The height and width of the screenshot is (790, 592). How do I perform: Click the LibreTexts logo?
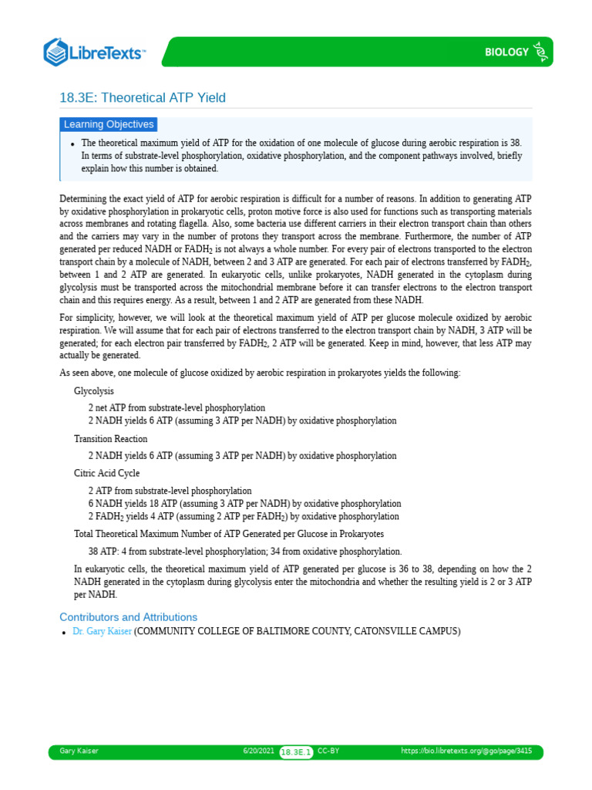pyautogui.click(x=95, y=52)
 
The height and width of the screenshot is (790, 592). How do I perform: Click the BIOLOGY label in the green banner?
pyautogui.click(x=506, y=52)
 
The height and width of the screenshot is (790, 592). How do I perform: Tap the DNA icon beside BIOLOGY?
pyautogui.click(x=542, y=52)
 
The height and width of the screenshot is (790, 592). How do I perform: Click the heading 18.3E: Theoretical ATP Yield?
pyautogui.click(x=143, y=98)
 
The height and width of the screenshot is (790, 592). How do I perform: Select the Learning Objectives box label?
pyautogui.click(x=109, y=124)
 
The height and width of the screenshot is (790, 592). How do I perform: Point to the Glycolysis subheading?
pyautogui.click(x=93, y=391)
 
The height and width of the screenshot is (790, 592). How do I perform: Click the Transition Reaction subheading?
pyautogui.click(x=110, y=439)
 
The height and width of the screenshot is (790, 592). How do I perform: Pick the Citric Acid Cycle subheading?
pyautogui.click(x=106, y=473)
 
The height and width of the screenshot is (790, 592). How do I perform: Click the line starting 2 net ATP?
pyautogui.click(x=177, y=408)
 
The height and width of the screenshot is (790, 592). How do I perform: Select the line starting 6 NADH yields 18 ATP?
pyautogui.click(x=244, y=504)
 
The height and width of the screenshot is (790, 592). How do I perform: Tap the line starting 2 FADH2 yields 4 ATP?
pyautogui.click(x=244, y=516)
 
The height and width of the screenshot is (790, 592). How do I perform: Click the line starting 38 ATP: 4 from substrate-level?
pyautogui.click(x=244, y=552)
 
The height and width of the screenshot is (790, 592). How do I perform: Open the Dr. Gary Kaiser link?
pyautogui.click(x=103, y=631)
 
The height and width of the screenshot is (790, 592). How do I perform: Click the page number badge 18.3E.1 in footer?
pyautogui.click(x=296, y=752)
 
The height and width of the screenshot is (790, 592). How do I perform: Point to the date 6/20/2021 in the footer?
pyautogui.click(x=258, y=751)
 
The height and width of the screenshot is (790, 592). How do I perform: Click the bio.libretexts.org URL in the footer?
pyautogui.click(x=466, y=751)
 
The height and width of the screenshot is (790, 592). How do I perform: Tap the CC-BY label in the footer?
pyautogui.click(x=328, y=751)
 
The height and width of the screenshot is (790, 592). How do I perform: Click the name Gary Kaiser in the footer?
pyautogui.click(x=79, y=751)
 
